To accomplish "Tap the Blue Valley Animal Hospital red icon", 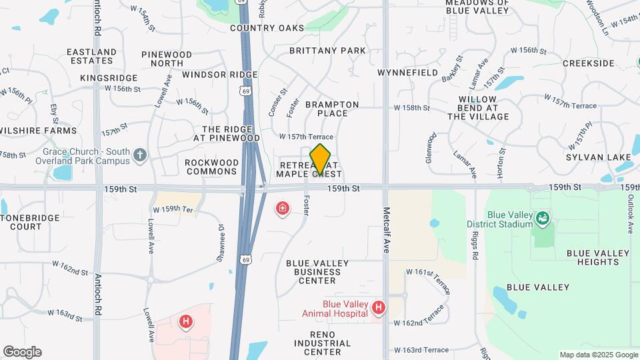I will [379, 307].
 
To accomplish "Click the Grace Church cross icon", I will [139, 155].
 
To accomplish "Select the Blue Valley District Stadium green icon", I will [543, 218].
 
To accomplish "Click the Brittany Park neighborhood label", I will [335, 51].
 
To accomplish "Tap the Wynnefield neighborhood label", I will [407, 72].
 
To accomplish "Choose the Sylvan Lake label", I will [598, 157].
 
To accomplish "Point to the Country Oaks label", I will [267, 28].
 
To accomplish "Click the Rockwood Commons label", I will [212, 167].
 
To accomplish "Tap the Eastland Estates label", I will [92, 56].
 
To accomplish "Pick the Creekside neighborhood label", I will [588, 63].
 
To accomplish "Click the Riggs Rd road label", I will [475, 247].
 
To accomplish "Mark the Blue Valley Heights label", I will [598, 257].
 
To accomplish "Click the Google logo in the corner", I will [22, 352].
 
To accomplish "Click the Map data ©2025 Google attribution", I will [598, 355].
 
